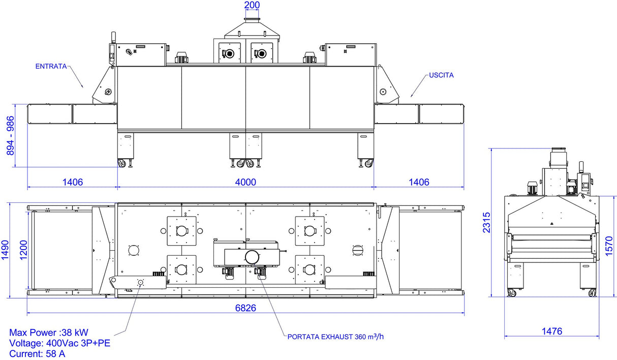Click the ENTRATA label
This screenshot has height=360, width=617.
[x=51, y=67]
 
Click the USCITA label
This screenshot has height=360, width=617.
[x=441, y=75]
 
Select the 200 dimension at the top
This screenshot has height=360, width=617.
[x=252, y=5]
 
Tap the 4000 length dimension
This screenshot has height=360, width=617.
[x=245, y=182]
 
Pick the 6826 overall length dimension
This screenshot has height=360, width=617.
[x=245, y=308]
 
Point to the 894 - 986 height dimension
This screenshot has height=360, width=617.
[x=10, y=136]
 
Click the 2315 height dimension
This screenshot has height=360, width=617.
[x=487, y=222]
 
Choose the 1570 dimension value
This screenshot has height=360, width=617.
[x=609, y=246]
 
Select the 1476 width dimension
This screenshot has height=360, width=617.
[x=552, y=331]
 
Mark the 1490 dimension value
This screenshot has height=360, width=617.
[x=5, y=250]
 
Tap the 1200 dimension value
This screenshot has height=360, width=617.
[x=23, y=250]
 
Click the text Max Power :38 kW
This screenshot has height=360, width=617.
[x=49, y=333]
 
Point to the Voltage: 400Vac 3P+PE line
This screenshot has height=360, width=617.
[x=60, y=343]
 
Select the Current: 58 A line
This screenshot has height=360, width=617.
[x=37, y=354]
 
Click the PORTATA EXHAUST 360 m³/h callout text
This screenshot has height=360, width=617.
[x=335, y=337]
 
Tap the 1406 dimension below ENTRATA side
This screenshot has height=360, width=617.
[x=73, y=182]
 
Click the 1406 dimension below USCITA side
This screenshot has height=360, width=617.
[x=419, y=182]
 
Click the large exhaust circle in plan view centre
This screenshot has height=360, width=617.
[x=252, y=257]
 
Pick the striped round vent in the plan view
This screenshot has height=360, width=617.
[x=358, y=250]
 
